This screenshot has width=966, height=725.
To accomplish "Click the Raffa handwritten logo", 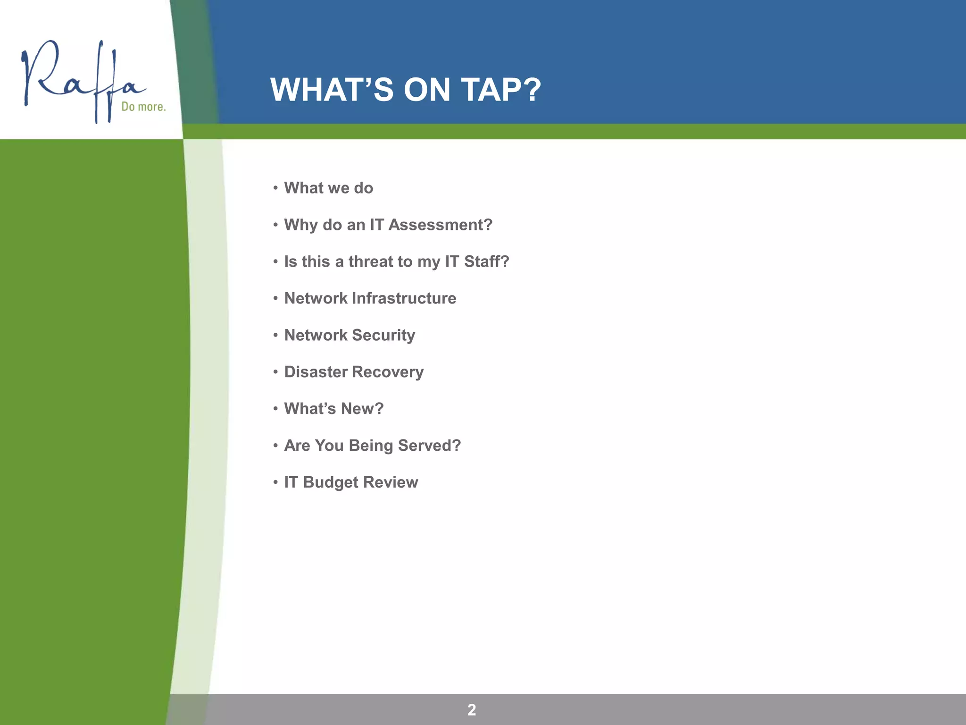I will (83, 80).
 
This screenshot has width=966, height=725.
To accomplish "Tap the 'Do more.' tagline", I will (143, 107).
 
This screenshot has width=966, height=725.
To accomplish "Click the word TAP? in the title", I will (501, 90).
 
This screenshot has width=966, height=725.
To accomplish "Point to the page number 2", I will (472, 709).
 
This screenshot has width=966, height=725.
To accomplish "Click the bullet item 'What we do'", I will (328, 188).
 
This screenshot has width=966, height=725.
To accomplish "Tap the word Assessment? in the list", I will (440, 225).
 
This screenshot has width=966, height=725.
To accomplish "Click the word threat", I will (380, 261).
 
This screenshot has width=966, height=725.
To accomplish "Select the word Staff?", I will (486, 261).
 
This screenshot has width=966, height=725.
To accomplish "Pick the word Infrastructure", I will (404, 298).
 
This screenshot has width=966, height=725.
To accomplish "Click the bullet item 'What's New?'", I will (333, 409).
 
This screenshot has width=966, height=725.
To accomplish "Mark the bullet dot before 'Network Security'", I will (275, 335).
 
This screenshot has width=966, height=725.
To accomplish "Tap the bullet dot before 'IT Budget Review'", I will (275, 482).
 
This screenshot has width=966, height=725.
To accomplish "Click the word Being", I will (371, 446).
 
